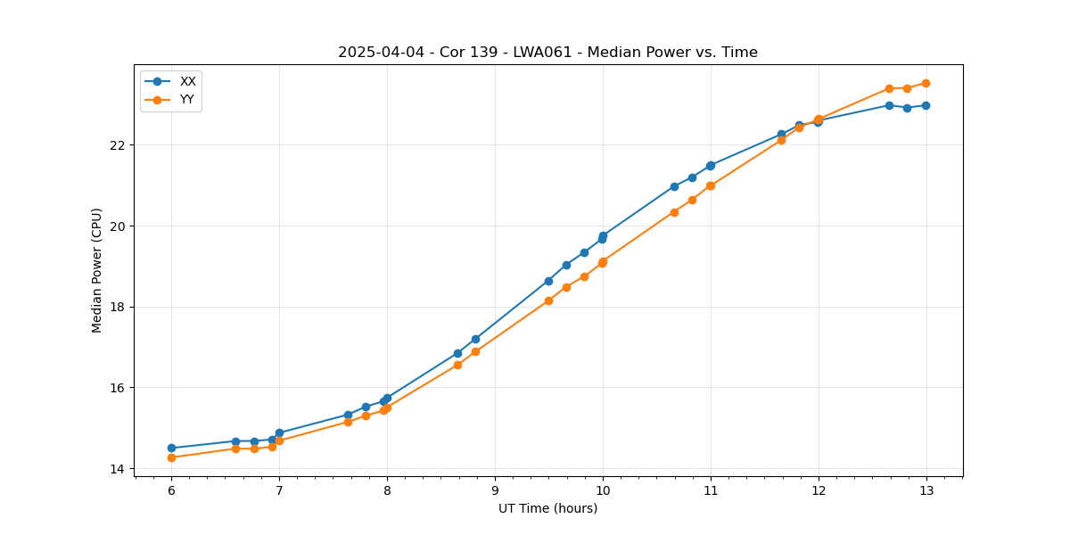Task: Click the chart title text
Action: point(547,53)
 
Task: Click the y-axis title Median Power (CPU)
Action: point(97,270)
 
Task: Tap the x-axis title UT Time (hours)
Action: point(547,508)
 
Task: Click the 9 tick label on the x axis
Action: point(495,490)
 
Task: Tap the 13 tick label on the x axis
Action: point(926,490)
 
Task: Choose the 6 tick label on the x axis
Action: point(171,490)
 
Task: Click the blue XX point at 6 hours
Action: point(171,448)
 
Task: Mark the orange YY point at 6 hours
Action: point(171,457)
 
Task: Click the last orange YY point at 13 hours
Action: point(926,83)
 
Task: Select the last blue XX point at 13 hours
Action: point(926,105)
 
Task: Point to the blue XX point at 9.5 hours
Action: point(548,281)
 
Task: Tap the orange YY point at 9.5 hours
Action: point(548,300)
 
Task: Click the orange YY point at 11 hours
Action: point(711,185)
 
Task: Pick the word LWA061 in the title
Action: point(538,53)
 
